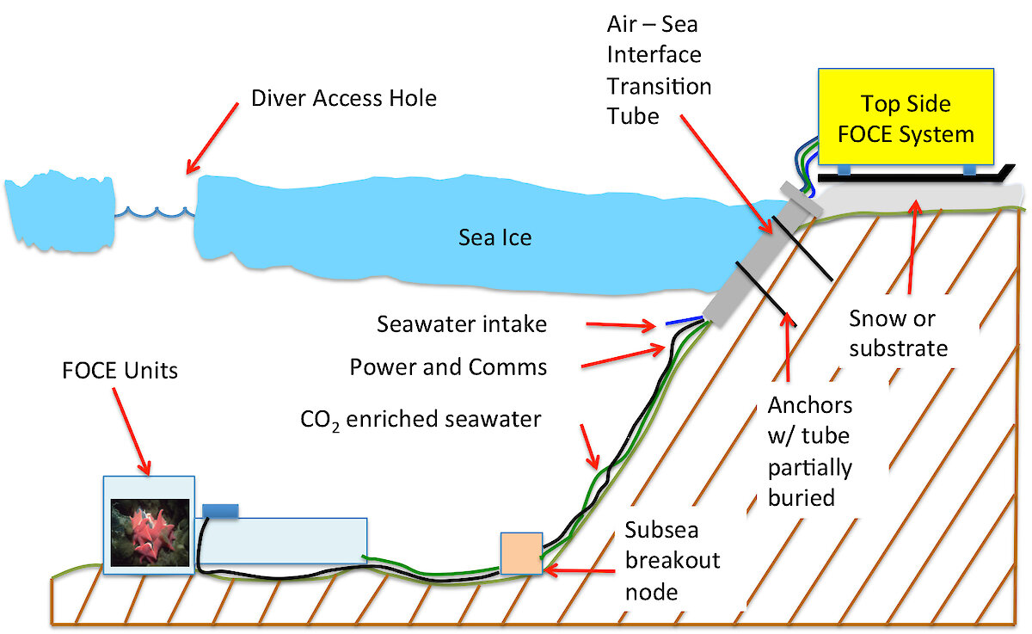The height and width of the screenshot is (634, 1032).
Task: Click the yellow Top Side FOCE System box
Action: (x=906, y=117)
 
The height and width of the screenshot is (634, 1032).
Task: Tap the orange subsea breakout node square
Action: (x=521, y=553)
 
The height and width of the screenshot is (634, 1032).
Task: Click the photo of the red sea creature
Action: (x=150, y=532)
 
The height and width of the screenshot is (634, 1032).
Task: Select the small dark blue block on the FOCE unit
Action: (x=220, y=511)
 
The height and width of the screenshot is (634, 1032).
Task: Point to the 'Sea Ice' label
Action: (x=494, y=237)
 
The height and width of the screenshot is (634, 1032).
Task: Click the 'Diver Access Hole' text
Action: (x=344, y=98)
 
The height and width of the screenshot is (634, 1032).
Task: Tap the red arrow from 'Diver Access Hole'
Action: (x=212, y=138)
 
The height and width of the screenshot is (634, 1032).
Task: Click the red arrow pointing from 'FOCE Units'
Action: (x=132, y=431)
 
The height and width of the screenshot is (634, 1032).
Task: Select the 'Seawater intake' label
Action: (x=462, y=324)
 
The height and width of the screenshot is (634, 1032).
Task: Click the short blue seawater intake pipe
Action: (x=685, y=320)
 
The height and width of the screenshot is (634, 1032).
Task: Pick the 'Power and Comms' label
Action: (x=448, y=367)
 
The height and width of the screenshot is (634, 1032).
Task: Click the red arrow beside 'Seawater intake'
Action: (x=621, y=325)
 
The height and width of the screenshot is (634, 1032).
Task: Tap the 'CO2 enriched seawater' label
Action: (x=421, y=420)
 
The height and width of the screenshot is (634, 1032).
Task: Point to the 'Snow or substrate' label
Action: (x=899, y=333)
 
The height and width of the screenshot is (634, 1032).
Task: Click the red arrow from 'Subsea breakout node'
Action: (x=579, y=571)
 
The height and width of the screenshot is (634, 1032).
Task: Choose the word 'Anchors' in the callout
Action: (x=810, y=405)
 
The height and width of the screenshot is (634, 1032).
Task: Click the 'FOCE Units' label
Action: (x=120, y=371)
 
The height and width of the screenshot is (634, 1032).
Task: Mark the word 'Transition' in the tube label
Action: (x=660, y=86)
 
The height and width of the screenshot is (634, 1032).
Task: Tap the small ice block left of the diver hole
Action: (x=60, y=211)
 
